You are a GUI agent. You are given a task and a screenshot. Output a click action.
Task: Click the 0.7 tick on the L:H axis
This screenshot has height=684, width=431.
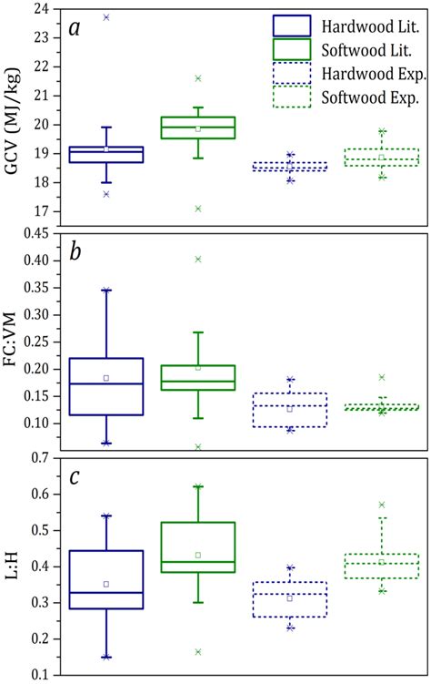click(x=39, y=458)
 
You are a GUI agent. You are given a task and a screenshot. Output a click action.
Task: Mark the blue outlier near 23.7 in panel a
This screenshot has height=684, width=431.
click(x=106, y=17)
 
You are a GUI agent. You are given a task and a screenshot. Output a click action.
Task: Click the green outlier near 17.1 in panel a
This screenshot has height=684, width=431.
click(x=198, y=209)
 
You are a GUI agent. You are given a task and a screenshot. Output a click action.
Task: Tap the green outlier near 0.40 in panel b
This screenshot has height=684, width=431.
click(x=198, y=260)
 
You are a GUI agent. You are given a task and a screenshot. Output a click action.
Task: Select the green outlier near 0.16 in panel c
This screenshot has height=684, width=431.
click(x=198, y=651)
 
